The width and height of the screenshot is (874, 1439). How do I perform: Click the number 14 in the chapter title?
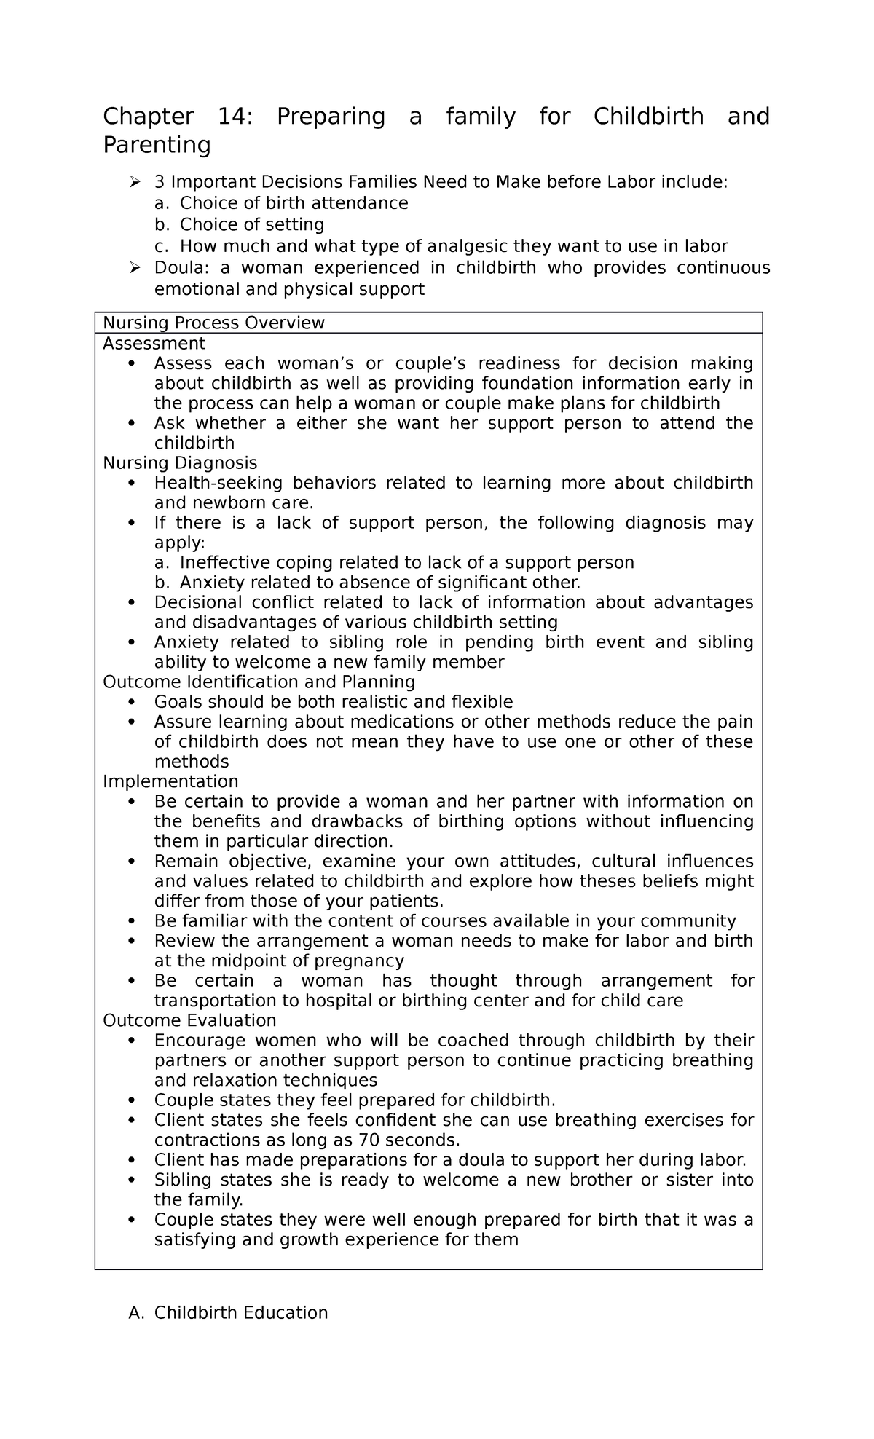point(235,117)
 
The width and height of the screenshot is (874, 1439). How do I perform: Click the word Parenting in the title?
point(157,146)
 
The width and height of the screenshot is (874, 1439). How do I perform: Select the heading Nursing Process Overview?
point(213,323)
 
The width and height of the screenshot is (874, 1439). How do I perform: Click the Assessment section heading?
point(154,343)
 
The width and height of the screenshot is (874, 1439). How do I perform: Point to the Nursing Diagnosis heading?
point(180,462)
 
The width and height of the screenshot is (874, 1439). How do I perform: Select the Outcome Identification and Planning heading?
point(259,682)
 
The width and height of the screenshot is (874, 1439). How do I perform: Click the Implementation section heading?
point(170,781)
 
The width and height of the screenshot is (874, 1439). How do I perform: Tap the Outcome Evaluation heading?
point(189,1020)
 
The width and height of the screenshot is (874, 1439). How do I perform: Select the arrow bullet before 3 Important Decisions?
point(135,182)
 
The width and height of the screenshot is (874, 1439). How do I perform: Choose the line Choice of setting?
point(251,224)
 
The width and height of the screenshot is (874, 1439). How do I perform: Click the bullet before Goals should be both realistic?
point(131,702)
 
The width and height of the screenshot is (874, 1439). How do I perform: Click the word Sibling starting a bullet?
point(183,1180)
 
